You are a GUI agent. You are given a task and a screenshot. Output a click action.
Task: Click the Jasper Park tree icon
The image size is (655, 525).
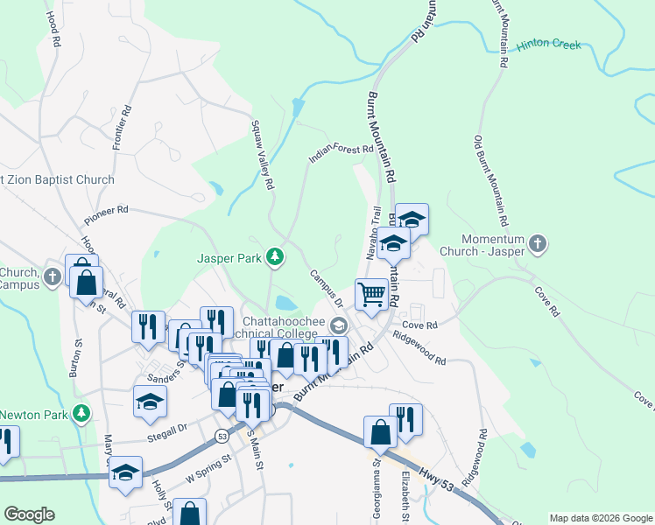click(276, 256)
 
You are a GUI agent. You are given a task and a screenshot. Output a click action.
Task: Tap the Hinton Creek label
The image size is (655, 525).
click(548, 45)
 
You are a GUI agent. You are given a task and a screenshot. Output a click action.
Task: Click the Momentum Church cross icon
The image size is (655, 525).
click(538, 244)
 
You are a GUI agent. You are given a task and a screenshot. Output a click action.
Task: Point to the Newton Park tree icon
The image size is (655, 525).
click(82, 413)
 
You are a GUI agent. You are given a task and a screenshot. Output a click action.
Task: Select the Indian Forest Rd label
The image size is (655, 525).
click(341, 154)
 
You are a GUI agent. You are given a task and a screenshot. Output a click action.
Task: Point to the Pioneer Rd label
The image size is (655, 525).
click(106, 214)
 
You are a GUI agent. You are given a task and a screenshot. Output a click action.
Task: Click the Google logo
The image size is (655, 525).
click(28, 514)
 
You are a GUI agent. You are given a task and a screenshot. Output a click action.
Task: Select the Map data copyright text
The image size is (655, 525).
click(601, 518)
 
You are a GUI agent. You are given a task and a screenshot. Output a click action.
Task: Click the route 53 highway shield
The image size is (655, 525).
click(223, 436)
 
